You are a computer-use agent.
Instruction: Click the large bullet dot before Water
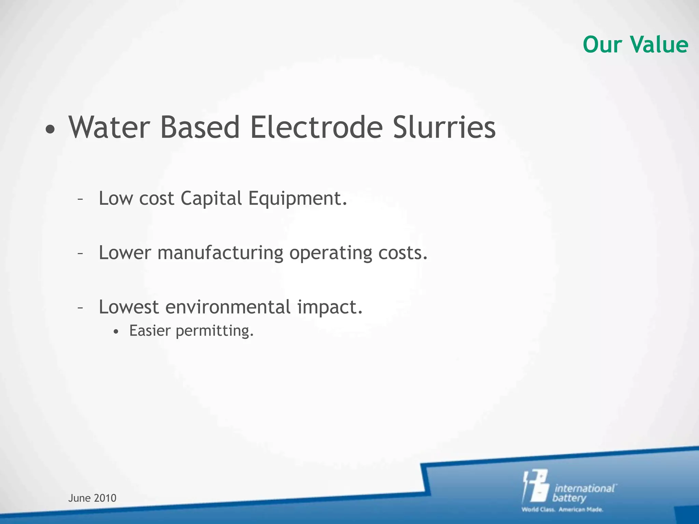[50, 130]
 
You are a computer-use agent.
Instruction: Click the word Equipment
[297, 199]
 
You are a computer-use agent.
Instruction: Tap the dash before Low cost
[80, 199]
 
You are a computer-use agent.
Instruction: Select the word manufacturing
[220, 253]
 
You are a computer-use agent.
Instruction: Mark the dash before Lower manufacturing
[80, 253]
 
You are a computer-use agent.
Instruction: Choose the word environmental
[228, 307]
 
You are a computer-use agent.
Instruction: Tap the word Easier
[149, 330]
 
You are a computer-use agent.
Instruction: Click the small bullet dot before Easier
[116, 332]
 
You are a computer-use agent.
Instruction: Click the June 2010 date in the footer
[92, 498]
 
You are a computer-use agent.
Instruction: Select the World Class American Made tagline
[562, 510]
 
